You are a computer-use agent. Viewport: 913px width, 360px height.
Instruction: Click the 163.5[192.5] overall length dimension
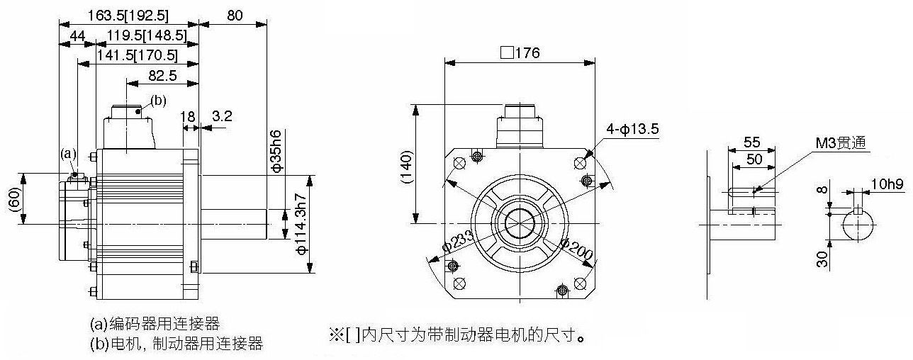tap(128, 16)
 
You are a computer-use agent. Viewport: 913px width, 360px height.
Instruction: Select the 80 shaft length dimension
tap(235, 16)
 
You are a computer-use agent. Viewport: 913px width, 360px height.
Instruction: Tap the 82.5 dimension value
tap(162, 75)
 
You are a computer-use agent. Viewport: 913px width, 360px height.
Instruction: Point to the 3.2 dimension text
tap(222, 116)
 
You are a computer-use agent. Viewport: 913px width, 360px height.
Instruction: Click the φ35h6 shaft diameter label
tap(276, 151)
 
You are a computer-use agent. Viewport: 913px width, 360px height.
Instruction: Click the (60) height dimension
tap(14, 200)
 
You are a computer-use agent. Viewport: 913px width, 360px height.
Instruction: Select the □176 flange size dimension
tap(520, 53)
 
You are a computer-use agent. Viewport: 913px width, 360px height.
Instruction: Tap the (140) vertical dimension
tap(407, 167)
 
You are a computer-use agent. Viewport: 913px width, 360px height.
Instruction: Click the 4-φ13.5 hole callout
tap(632, 129)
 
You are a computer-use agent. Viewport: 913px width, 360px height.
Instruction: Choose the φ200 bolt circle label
tap(576, 249)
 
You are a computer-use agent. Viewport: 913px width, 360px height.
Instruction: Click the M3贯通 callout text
tap(841, 143)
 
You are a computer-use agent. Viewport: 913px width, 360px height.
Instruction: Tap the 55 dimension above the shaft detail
tap(751, 142)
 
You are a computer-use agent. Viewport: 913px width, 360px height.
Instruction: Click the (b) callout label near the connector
tap(159, 101)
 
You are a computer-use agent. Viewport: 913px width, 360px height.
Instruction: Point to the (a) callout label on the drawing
tap(69, 154)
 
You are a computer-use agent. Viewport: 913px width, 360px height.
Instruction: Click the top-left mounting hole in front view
tap(459, 163)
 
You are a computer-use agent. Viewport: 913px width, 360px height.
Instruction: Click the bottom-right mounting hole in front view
tap(580, 283)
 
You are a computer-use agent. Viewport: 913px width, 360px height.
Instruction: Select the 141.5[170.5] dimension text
tap(137, 55)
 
